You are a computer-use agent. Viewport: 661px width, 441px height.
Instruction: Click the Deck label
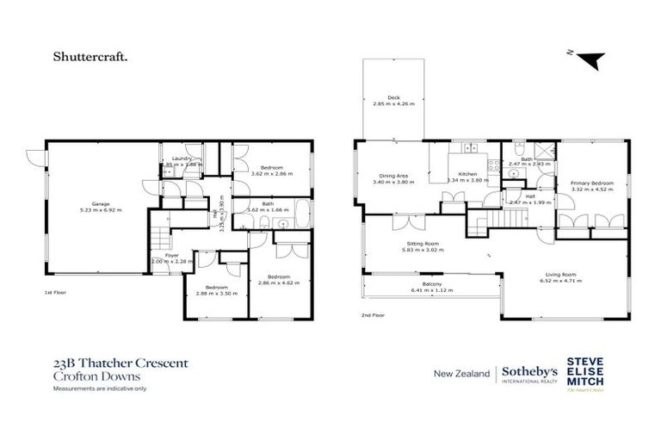[393, 97]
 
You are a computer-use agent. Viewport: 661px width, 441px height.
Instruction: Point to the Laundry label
[181, 158]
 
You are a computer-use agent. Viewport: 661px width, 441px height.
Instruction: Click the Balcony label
[431, 284]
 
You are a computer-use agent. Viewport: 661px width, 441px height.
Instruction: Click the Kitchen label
[467, 173]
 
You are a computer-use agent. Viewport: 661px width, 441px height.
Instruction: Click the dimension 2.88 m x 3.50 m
[216, 294]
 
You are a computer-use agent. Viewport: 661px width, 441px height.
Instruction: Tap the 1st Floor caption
[55, 293]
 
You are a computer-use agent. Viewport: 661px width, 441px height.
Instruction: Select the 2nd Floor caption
[372, 315]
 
